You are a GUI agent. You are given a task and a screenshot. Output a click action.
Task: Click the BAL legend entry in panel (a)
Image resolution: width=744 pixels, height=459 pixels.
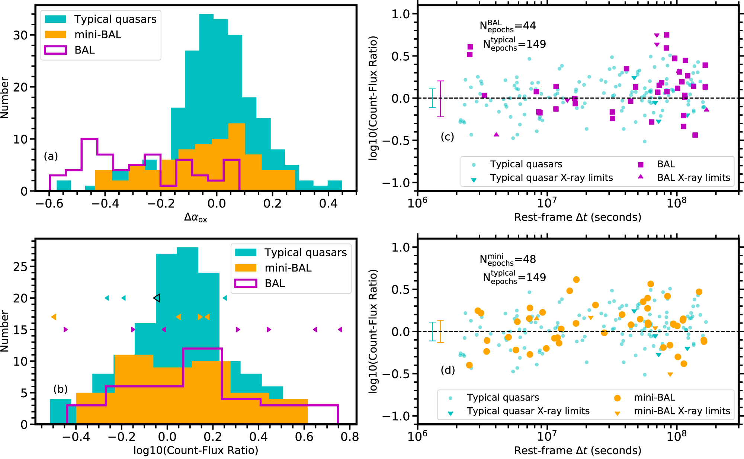point(84,50)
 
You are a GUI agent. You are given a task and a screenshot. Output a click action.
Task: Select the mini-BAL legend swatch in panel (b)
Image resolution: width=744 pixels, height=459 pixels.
point(246,268)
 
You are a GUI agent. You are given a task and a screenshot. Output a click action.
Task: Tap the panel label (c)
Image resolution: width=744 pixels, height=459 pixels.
point(447,137)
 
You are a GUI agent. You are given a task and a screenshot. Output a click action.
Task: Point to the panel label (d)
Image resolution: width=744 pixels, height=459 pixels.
point(448,370)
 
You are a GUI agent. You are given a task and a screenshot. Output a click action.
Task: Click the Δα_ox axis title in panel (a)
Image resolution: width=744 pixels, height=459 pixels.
point(196,217)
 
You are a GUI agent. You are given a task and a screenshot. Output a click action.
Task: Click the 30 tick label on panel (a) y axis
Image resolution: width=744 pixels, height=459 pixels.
point(20,35)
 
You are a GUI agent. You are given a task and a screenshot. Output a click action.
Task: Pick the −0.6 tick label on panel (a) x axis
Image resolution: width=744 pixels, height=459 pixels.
point(49,203)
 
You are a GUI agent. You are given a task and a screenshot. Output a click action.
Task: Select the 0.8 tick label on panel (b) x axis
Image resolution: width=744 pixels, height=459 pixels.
point(350,437)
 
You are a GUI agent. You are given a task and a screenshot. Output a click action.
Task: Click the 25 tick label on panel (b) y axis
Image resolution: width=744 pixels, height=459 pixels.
point(20,267)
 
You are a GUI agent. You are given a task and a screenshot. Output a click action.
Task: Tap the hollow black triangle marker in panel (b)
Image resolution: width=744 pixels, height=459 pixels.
point(157,298)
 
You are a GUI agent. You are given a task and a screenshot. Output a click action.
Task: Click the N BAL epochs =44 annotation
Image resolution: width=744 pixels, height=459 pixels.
point(507,26)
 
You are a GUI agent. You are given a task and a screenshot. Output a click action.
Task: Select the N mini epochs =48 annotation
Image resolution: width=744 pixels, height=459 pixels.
point(507,259)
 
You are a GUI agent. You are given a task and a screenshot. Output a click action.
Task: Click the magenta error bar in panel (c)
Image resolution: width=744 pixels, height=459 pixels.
point(440,99)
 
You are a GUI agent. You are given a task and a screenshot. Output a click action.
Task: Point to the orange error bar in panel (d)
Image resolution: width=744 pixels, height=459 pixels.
point(440,331)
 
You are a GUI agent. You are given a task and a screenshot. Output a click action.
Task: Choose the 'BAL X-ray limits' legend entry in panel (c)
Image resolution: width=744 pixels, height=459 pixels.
point(693,177)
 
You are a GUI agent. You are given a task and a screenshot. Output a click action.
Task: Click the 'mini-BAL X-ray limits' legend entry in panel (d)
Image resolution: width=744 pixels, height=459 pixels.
point(682,411)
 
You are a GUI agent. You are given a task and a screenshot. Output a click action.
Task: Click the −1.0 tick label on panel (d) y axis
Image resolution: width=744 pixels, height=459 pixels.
point(396,416)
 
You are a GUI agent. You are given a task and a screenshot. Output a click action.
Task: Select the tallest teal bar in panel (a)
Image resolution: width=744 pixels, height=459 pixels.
point(206,102)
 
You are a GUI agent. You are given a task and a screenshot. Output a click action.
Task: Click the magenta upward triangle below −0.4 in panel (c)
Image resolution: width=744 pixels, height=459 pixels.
point(496,134)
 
